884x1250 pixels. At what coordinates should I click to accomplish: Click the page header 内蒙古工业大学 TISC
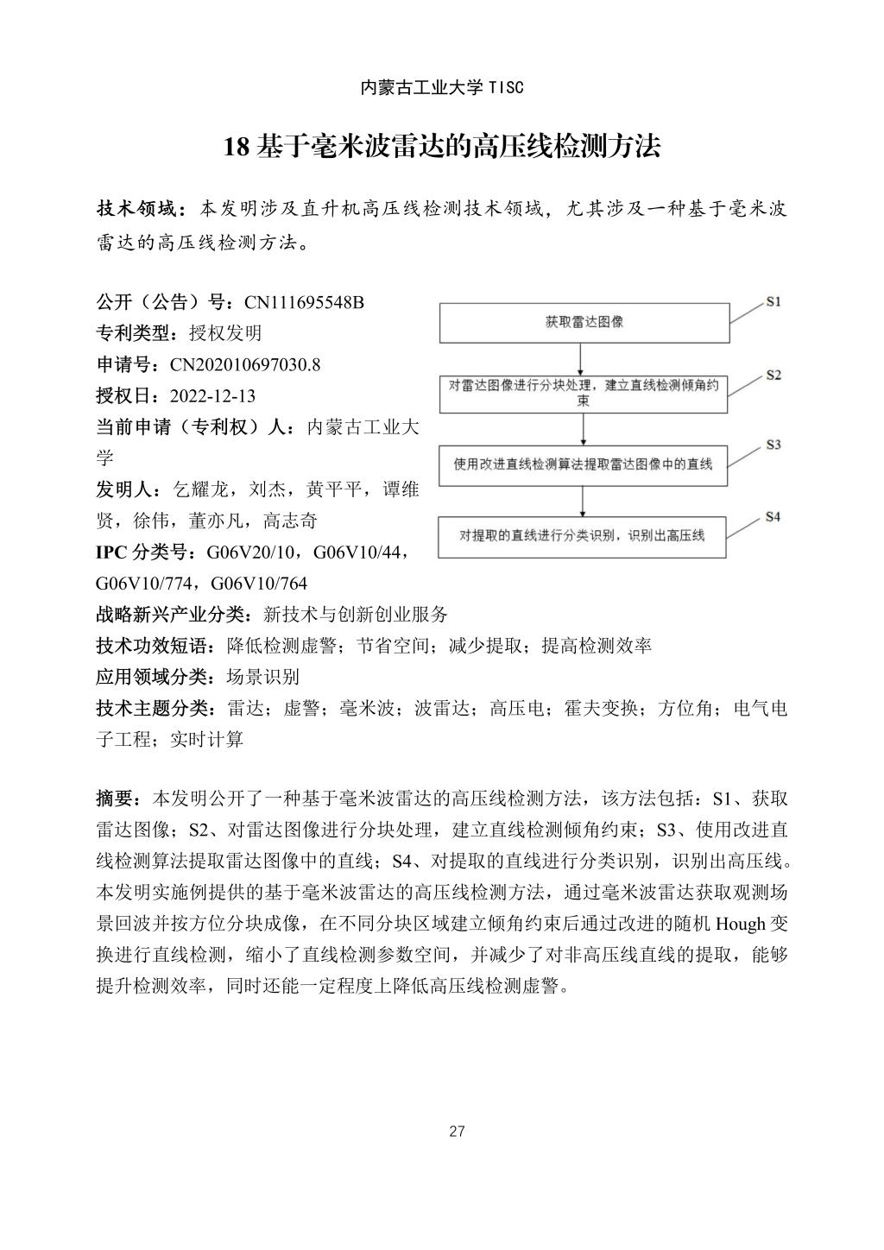click(x=441, y=88)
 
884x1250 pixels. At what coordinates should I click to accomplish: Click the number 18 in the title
click(x=236, y=147)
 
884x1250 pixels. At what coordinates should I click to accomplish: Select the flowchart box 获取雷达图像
click(x=584, y=323)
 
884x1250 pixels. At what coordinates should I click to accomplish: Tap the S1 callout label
click(x=773, y=301)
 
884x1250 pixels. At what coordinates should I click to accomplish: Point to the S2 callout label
click(x=773, y=375)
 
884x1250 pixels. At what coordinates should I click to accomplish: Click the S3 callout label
click(x=773, y=445)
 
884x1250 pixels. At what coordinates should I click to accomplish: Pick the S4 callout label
click(x=773, y=516)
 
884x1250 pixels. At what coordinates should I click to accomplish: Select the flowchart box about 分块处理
click(x=584, y=393)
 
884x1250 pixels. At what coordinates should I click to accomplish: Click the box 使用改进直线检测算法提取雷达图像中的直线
click(x=584, y=464)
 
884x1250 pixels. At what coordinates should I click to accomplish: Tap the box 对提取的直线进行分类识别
click(x=584, y=536)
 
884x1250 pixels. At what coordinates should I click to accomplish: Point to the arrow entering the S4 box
click(x=584, y=502)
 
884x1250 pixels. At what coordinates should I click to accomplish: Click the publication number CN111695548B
click(x=304, y=302)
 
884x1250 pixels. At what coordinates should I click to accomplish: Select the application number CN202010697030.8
click(x=245, y=364)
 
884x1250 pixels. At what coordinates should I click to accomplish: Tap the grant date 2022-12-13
click(x=212, y=396)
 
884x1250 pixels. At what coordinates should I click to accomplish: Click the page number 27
click(x=458, y=1132)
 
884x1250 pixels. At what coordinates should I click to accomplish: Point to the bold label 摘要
click(x=119, y=799)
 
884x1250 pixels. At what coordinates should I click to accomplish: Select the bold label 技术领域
click(x=138, y=209)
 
